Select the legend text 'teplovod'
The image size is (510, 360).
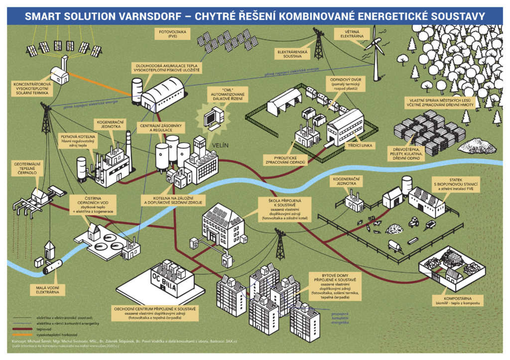pos(45,330)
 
